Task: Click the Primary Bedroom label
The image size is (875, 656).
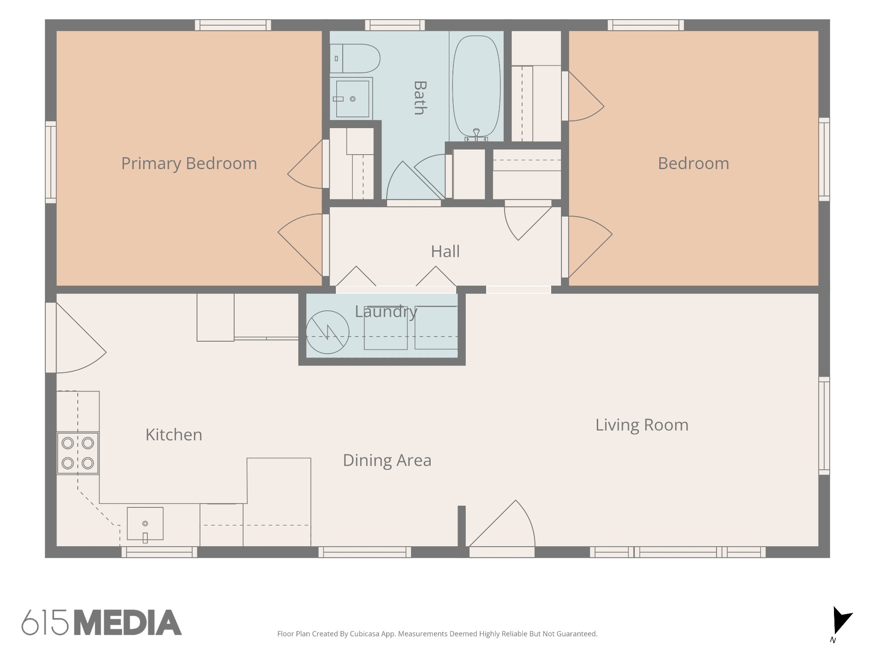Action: coord(189,164)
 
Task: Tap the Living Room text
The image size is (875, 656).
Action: coord(642,425)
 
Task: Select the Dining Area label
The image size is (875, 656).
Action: coord(387,460)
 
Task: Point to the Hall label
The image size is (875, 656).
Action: coord(445,251)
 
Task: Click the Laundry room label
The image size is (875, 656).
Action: coord(386,312)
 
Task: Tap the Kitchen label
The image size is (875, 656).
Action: coord(174,435)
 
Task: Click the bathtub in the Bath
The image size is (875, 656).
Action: coord(476,88)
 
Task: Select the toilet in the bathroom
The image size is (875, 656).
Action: coord(355,59)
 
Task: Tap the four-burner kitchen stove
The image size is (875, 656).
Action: coord(78,453)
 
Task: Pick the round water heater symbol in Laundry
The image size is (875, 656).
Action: coord(328,332)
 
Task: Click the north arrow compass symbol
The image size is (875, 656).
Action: coord(841,621)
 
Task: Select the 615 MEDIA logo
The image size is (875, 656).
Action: coord(102,622)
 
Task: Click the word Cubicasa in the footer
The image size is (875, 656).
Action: coord(365,634)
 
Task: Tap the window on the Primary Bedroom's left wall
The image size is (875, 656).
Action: coord(51,162)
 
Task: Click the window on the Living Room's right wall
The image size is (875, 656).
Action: coord(824,426)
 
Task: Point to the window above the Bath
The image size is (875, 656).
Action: coord(395,25)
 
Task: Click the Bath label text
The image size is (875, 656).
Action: coord(420,98)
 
